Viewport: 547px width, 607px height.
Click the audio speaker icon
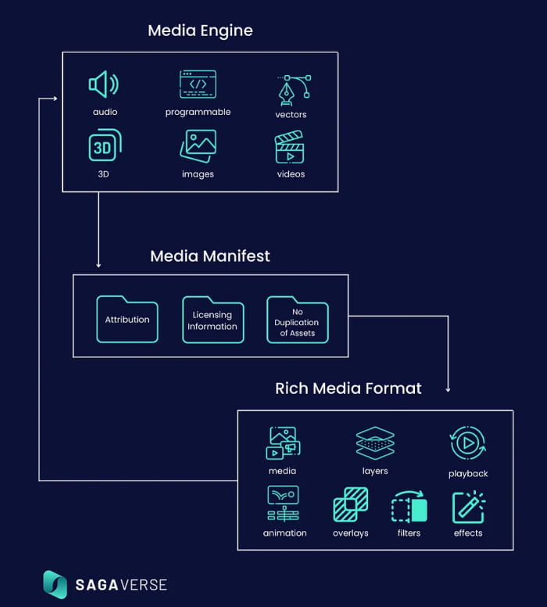tap(103, 84)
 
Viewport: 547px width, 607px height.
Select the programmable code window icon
tap(198, 84)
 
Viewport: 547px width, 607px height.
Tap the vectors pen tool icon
tap(293, 91)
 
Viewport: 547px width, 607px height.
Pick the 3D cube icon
tap(105, 145)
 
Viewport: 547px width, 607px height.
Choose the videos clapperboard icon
tap(290, 148)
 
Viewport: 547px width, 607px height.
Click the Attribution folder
tap(127, 319)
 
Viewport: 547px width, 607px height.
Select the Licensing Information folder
tap(213, 320)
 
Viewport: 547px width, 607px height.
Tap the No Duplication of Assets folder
tap(297, 320)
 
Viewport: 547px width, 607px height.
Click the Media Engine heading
tap(200, 31)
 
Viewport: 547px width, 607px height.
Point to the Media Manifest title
tap(210, 256)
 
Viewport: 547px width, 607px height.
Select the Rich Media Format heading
tap(349, 388)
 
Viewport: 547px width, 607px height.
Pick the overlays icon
tap(350, 505)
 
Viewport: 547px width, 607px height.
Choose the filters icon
tap(409, 506)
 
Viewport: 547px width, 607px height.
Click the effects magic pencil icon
tap(468, 506)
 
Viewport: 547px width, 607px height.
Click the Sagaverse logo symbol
tap(55, 584)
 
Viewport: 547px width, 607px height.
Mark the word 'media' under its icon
tap(282, 471)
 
